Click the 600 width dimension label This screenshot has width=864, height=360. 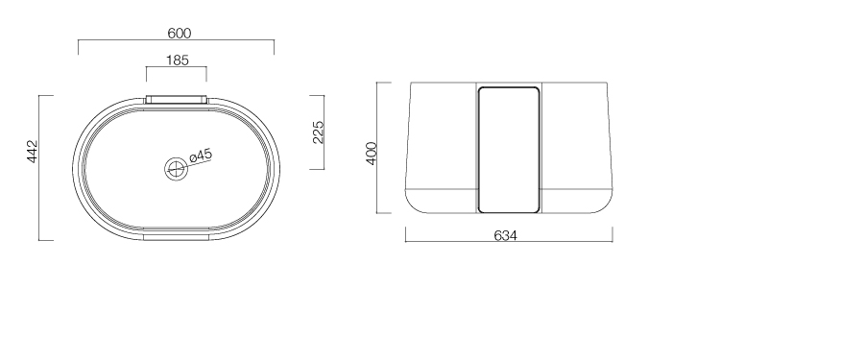(x=180, y=33)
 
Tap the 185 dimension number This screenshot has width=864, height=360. (x=178, y=60)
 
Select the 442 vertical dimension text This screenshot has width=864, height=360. (x=33, y=151)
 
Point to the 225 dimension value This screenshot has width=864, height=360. (x=318, y=132)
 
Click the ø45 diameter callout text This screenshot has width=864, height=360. (x=201, y=156)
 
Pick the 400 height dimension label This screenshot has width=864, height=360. (x=372, y=154)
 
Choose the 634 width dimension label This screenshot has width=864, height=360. (x=505, y=235)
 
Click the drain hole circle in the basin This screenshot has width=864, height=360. (x=176, y=169)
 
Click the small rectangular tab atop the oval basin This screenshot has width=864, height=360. (x=177, y=100)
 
